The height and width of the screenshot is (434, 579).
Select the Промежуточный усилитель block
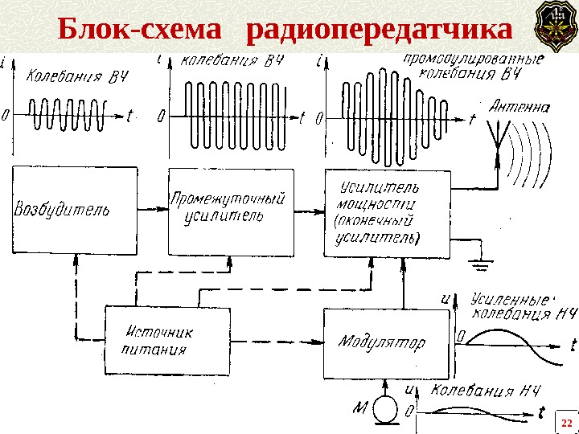coord(230,209)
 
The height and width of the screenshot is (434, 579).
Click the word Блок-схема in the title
coord(139,30)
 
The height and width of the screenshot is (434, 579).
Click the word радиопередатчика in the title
coord(379,30)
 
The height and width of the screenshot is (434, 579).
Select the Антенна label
coord(520,105)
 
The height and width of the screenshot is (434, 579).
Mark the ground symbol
coord(482,261)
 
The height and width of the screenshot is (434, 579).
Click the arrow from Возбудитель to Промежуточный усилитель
coord(150,211)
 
